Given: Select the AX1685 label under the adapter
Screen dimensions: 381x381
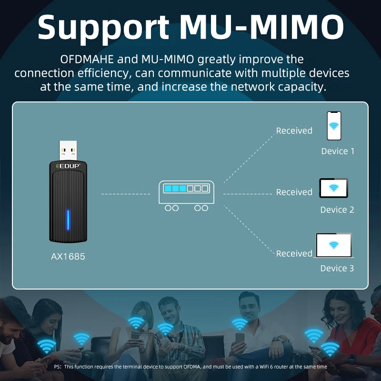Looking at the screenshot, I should [x=68, y=257].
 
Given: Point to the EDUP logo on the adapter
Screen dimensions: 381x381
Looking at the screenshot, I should [x=68, y=166].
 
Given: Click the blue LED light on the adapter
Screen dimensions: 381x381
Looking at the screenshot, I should [x=68, y=220].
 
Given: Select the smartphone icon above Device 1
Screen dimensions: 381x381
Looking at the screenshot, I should [x=334, y=126].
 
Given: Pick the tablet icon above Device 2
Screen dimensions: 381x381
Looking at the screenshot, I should [x=333, y=189].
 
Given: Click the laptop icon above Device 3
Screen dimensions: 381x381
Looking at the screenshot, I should [x=334, y=246].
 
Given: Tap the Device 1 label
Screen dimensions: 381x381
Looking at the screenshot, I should [x=338, y=151].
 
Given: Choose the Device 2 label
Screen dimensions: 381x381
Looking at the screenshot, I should [x=337, y=210].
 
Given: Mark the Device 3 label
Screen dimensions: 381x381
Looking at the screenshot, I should [x=337, y=269].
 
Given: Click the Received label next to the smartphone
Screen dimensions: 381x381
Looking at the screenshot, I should [x=294, y=130].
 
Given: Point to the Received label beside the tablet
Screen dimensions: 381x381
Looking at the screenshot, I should [x=294, y=192].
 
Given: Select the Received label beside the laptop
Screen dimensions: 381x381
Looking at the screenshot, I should [x=294, y=254].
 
